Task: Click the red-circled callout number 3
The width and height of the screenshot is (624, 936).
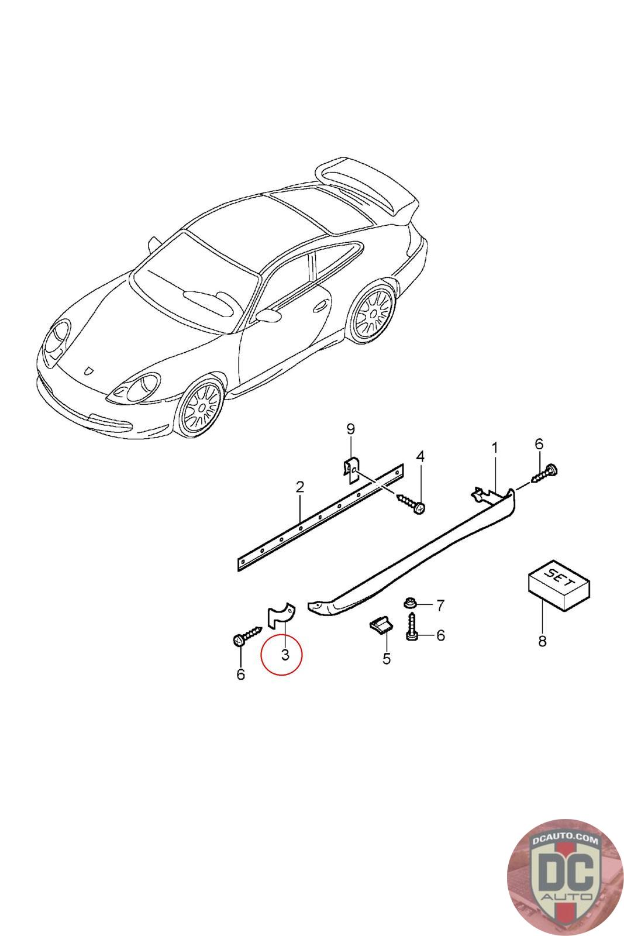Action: (x=285, y=655)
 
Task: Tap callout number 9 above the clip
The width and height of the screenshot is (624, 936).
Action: (x=350, y=429)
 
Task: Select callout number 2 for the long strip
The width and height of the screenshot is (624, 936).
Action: (x=299, y=487)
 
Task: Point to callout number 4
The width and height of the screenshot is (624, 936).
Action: (x=420, y=457)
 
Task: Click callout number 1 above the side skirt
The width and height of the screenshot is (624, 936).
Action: (x=495, y=448)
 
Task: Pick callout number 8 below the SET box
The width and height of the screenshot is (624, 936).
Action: (x=542, y=641)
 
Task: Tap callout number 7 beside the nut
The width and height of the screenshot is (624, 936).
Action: (x=440, y=606)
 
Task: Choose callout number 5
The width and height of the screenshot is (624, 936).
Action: (x=387, y=659)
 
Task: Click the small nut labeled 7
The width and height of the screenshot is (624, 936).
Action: (x=409, y=603)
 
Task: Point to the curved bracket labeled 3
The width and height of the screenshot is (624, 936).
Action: (x=280, y=614)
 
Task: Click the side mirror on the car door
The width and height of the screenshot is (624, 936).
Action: (x=268, y=315)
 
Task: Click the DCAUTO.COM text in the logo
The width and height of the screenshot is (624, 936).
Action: (x=565, y=839)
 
